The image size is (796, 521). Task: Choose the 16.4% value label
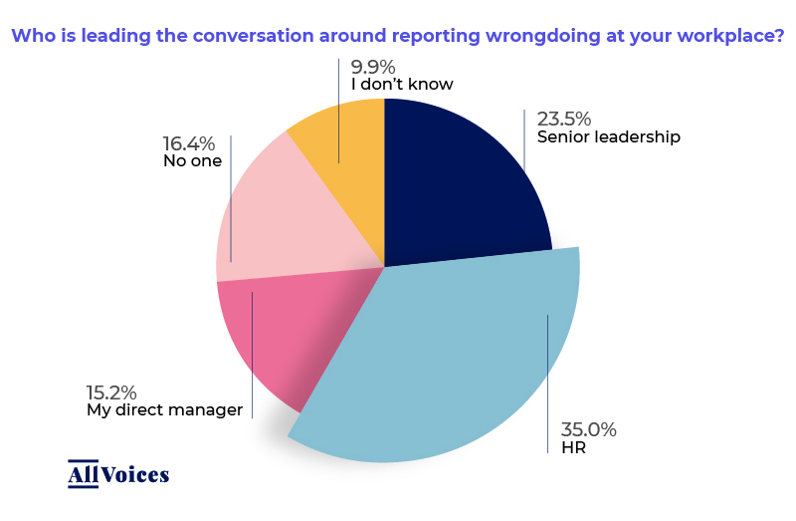click(189, 143)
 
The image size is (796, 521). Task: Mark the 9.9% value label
click(377, 66)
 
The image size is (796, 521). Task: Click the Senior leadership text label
click(608, 137)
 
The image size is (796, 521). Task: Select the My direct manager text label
click(165, 409)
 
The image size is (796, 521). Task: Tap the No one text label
click(192, 160)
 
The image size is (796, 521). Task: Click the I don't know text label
click(402, 85)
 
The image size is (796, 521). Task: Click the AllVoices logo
click(118, 474)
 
